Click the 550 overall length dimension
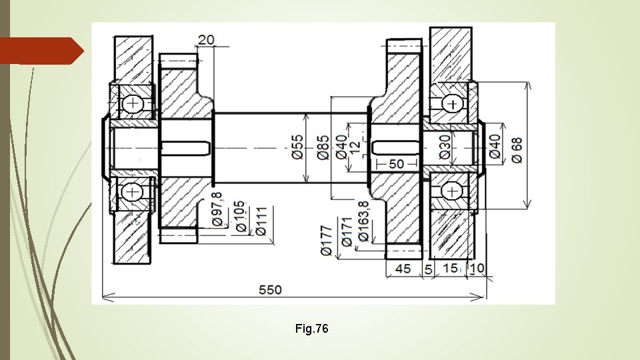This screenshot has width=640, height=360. tap(271, 290)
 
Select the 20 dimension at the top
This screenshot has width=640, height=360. tap(206, 40)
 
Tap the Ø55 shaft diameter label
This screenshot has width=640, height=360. tap(297, 146)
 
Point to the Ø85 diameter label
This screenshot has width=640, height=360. tap(322, 147)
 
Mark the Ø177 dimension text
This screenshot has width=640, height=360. tap(325, 241)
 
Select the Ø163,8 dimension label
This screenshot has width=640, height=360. tap(363, 221)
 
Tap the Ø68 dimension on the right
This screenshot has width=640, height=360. tap(517, 147)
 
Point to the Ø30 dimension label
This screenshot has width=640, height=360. tap(445, 147)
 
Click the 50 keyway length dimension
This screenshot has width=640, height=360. tap(396, 164)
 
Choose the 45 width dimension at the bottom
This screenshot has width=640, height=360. tap(403, 268)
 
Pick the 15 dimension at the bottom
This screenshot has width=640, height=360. tap(451, 268)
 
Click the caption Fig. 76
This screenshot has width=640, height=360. tap(311, 329)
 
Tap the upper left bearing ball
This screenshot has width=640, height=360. tap(132, 103)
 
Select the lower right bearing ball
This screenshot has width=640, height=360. tap(453, 191)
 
